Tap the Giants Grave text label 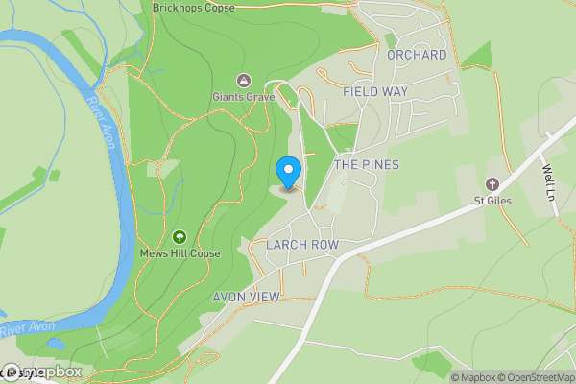click(244, 97)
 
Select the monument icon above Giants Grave click(244, 80)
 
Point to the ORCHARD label click(417, 55)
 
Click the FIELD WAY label click(375, 91)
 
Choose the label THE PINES click(366, 165)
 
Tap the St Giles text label click(492, 201)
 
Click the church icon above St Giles click(492, 183)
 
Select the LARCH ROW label click(303, 245)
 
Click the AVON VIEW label click(246, 297)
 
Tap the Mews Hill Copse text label click(180, 253)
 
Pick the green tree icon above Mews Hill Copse click(179, 236)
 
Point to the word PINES click(380, 165)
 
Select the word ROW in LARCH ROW click(324, 245)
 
